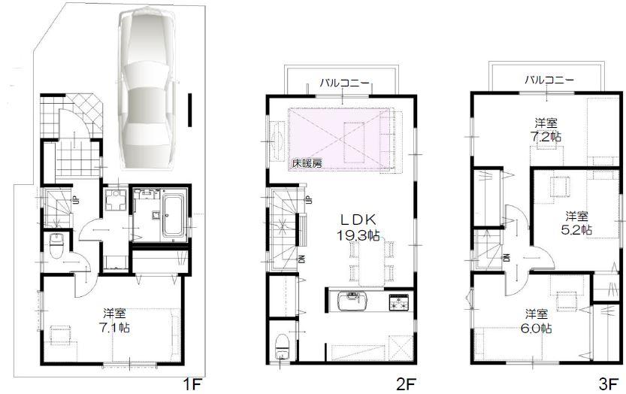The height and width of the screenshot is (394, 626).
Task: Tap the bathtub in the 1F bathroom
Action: tap(174, 215)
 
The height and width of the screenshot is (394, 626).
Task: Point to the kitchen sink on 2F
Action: tap(350, 303)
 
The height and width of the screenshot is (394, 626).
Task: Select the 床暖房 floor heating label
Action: tap(303, 162)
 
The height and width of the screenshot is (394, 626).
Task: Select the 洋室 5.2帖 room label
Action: tap(579, 222)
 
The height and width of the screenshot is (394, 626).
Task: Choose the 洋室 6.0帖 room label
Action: tap(538, 322)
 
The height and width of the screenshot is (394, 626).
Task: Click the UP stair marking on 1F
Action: tap(76, 200)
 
